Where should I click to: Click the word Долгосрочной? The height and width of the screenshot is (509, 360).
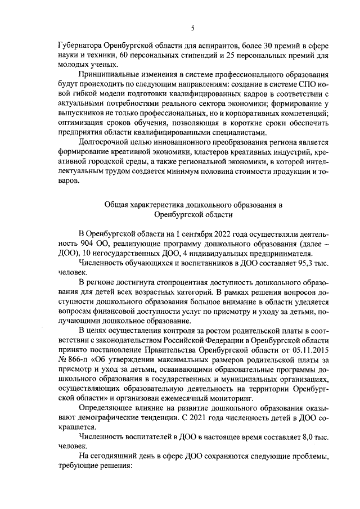[103, 142]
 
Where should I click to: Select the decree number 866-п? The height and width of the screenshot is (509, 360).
[75, 360]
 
